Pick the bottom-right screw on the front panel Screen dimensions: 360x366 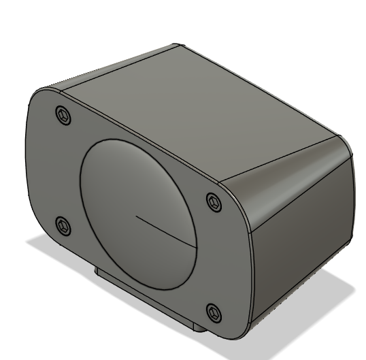[x=214, y=312]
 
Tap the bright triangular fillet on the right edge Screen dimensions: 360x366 [x=286, y=177]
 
